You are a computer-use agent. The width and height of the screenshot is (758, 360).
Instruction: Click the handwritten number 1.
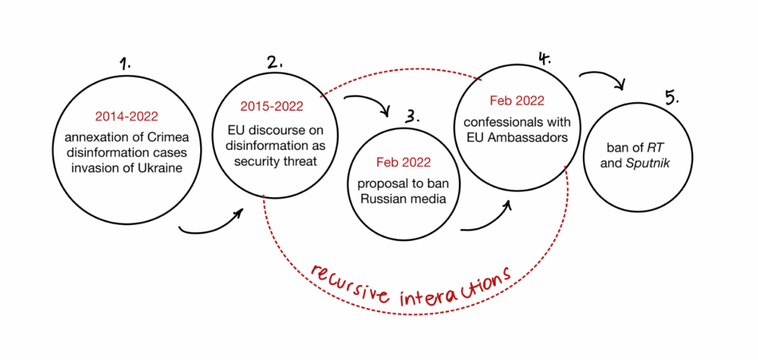126,64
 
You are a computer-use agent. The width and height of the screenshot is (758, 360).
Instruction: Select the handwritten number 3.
412,117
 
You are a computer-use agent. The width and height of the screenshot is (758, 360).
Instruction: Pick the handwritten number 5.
672,97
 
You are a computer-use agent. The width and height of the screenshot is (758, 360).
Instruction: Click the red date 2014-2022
126,116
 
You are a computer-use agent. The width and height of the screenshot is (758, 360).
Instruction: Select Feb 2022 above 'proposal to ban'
403,162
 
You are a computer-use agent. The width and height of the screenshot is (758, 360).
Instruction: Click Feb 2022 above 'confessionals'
517,101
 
